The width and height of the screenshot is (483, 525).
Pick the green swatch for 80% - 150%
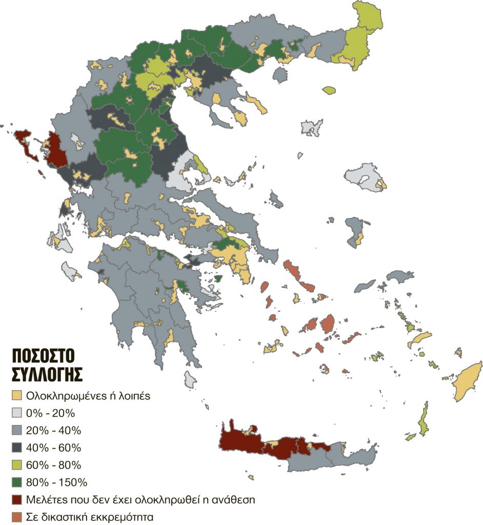tap(17, 482)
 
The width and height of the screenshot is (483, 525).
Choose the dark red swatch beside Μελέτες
tap(17, 499)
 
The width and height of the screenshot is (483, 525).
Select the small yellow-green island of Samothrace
tap(329, 90)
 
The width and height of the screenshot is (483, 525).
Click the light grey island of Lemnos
tap(312, 127)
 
